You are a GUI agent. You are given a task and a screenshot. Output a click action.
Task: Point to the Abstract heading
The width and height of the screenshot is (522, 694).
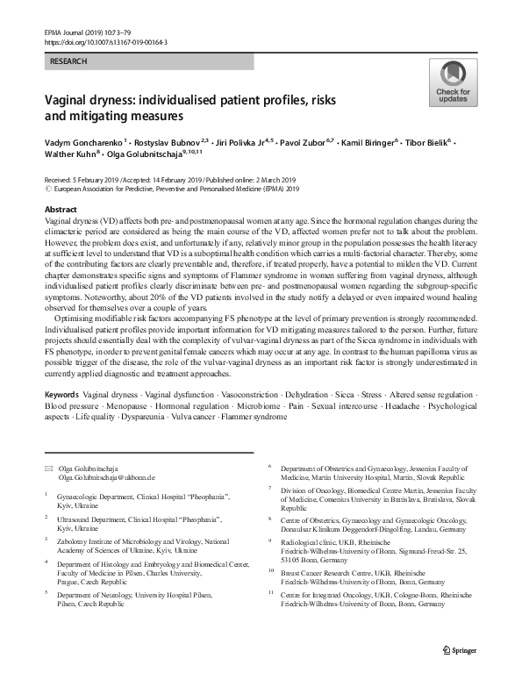pyautogui.click(x=61, y=211)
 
